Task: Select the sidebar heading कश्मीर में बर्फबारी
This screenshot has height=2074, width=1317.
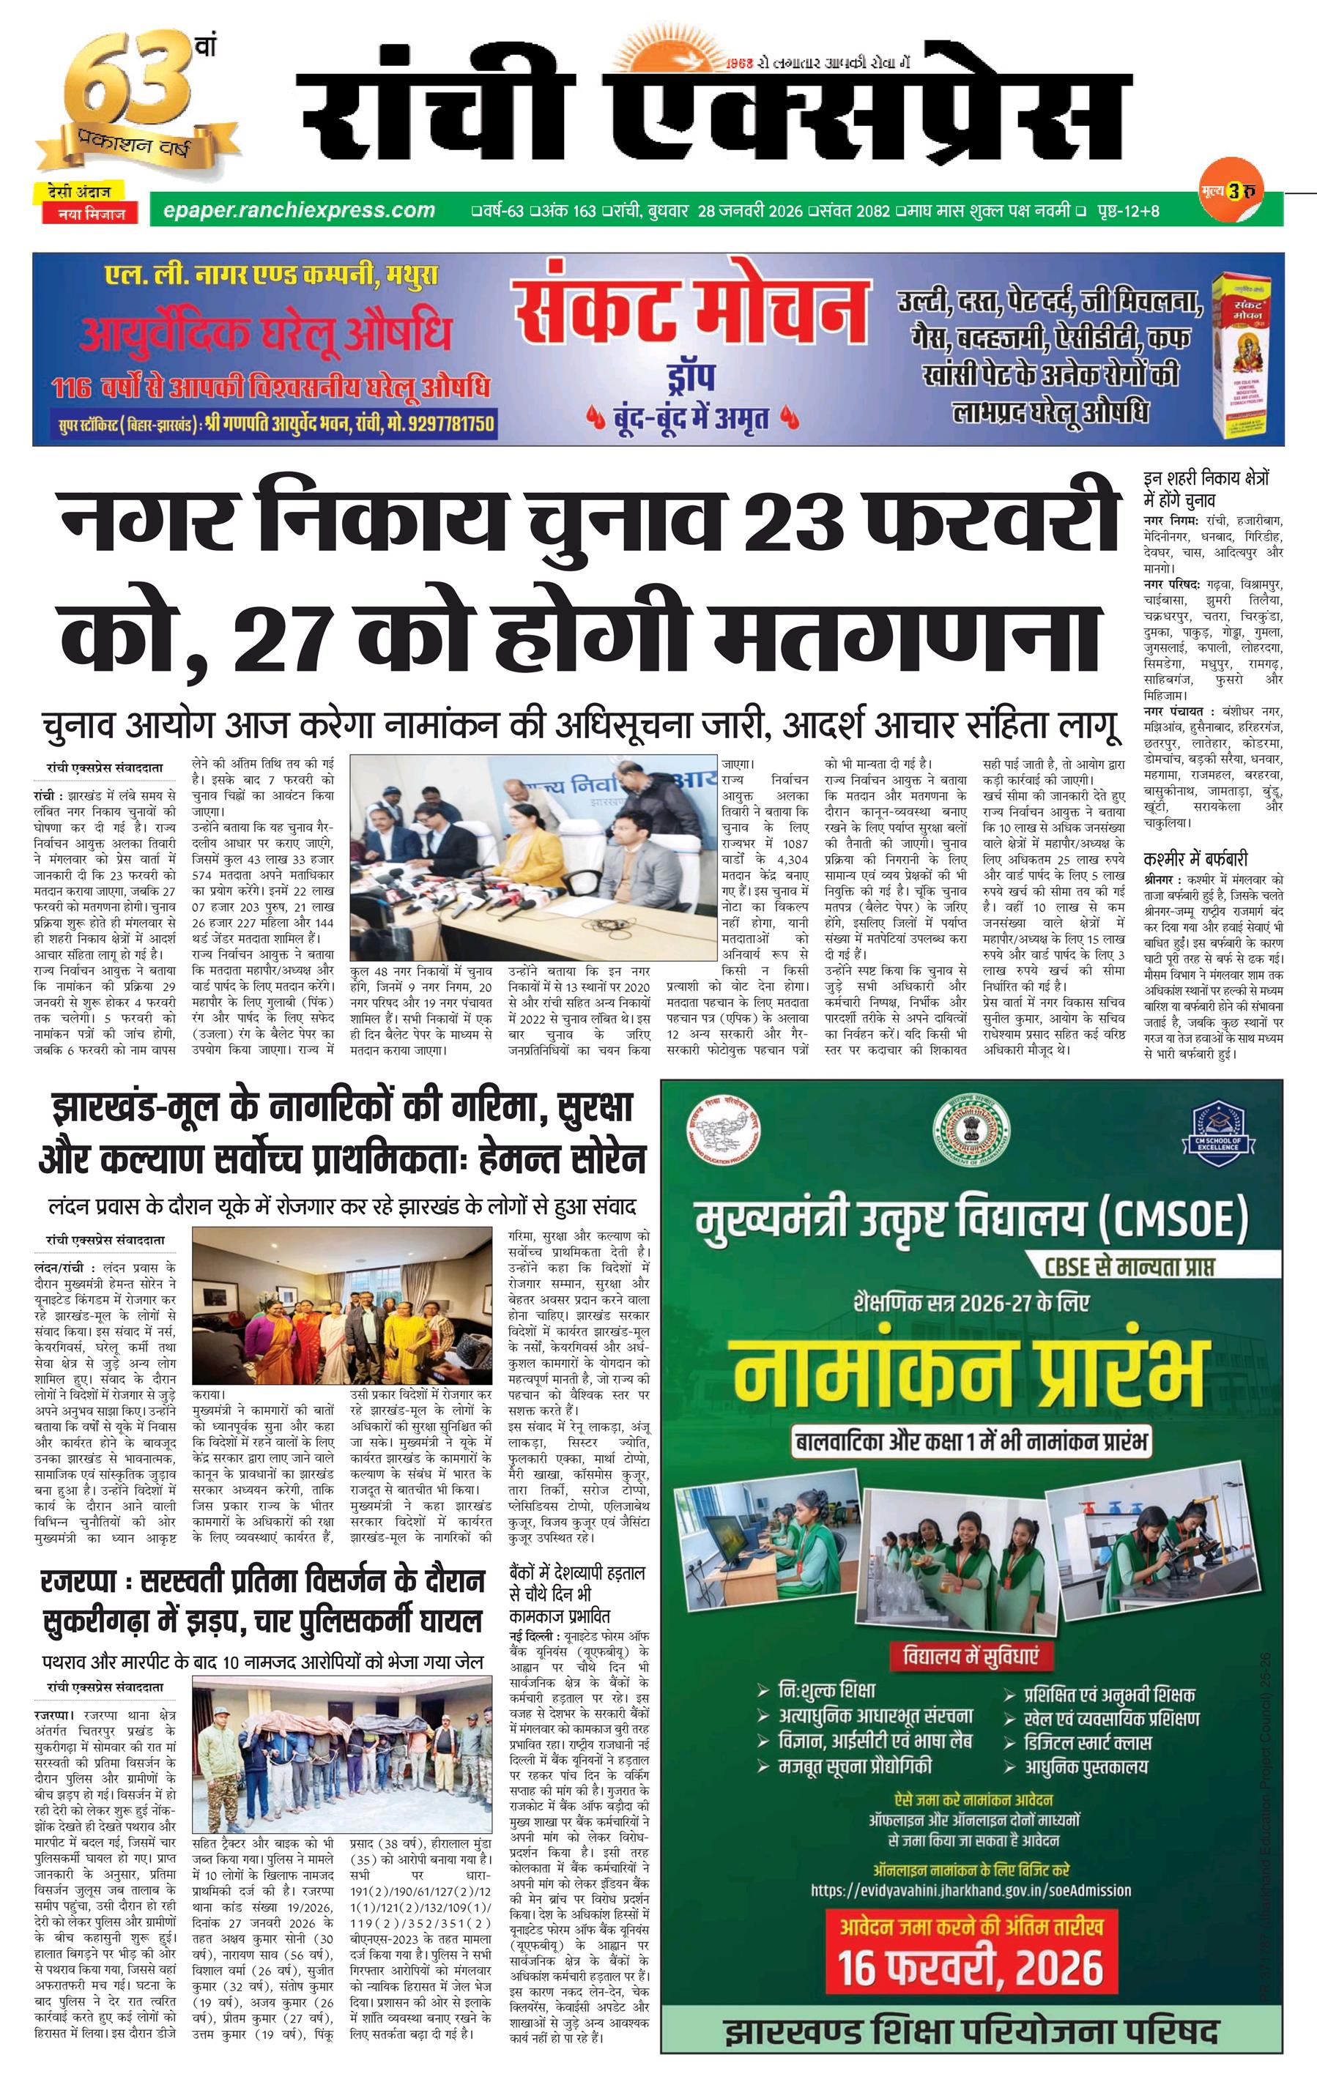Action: [x=1195, y=859]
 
